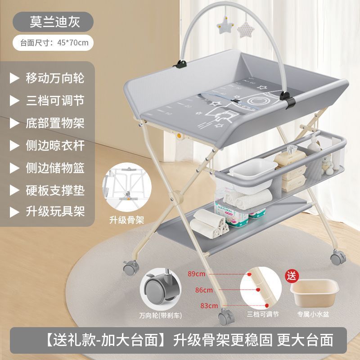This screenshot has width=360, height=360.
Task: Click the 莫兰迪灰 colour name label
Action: tap(54, 22)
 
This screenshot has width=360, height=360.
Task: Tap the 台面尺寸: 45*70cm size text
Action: tap(54, 43)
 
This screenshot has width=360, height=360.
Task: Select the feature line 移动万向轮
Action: tap(55, 78)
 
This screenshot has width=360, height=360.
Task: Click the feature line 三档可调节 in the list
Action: tap(55, 100)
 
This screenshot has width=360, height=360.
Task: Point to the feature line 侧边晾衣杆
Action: tap(55, 145)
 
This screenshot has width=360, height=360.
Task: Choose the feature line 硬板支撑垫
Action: tap(55, 190)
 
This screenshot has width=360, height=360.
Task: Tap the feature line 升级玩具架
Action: tap(55, 211)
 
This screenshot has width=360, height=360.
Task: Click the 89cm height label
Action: tap(196, 274)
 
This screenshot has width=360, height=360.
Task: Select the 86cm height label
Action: tap(204, 290)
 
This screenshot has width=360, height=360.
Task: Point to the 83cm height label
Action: tap(209, 306)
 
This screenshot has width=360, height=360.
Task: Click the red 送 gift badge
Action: tap(292, 276)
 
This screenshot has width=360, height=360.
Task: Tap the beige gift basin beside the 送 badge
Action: tap(314, 292)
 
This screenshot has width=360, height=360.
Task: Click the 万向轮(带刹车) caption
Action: tap(161, 315)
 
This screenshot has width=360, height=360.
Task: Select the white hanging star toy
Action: tap(225, 25)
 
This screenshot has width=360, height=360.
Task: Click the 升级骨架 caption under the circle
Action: tap(126, 220)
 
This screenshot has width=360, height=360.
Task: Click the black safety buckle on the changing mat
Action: tap(235, 101)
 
